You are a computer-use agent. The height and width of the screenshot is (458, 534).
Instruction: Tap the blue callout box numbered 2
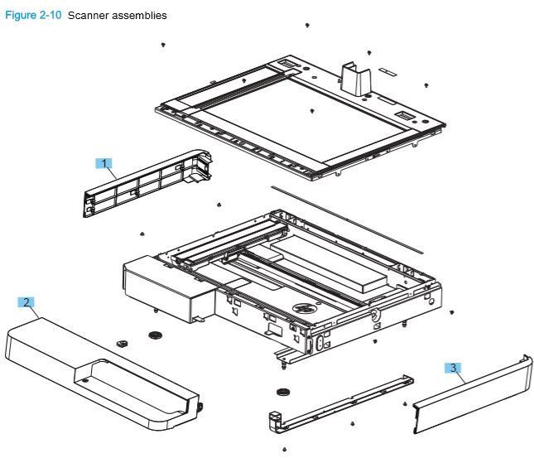(27, 302)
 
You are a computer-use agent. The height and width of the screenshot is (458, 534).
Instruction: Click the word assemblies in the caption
(139, 16)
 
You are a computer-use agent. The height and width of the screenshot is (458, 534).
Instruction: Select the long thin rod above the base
(348, 218)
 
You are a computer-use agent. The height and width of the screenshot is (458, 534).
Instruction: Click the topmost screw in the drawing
(307, 27)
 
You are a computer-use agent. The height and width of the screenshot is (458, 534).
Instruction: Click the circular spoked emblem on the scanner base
(302, 308)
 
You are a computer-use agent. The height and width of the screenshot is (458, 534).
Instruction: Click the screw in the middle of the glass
(311, 109)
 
